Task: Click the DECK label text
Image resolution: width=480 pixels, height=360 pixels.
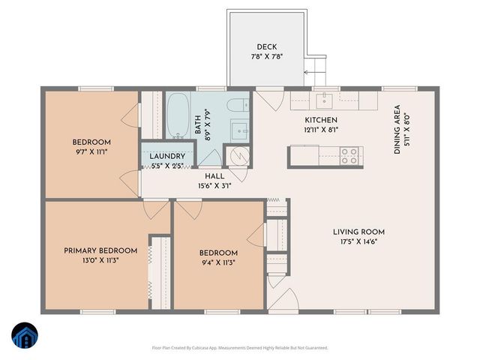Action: pyautogui.click(x=267, y=46)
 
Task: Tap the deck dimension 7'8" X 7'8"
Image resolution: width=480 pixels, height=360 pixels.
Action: pyautogui.click(x=267, y=57)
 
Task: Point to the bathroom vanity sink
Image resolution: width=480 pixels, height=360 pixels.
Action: pyautogui.click(x=241, y=130)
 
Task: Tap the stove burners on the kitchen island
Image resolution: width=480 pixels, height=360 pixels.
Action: pyautogui.click(x=349, y=155)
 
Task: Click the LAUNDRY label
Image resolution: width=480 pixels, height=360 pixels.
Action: pyautogui.click(x=166, y=156)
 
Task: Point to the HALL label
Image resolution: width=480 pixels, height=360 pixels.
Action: pyautogui.click(x=215, y=176)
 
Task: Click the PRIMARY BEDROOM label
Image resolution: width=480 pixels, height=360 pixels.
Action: pyautogui.click(x=100, y=250)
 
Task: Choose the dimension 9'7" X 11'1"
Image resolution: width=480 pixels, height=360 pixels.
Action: pyautogui.click(x=91, y=152)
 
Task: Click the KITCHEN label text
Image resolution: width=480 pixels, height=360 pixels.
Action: pyautogui.click(x=320, y=120)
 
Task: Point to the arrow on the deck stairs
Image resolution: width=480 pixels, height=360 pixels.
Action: pyautogui.click(x=307, y=73)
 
